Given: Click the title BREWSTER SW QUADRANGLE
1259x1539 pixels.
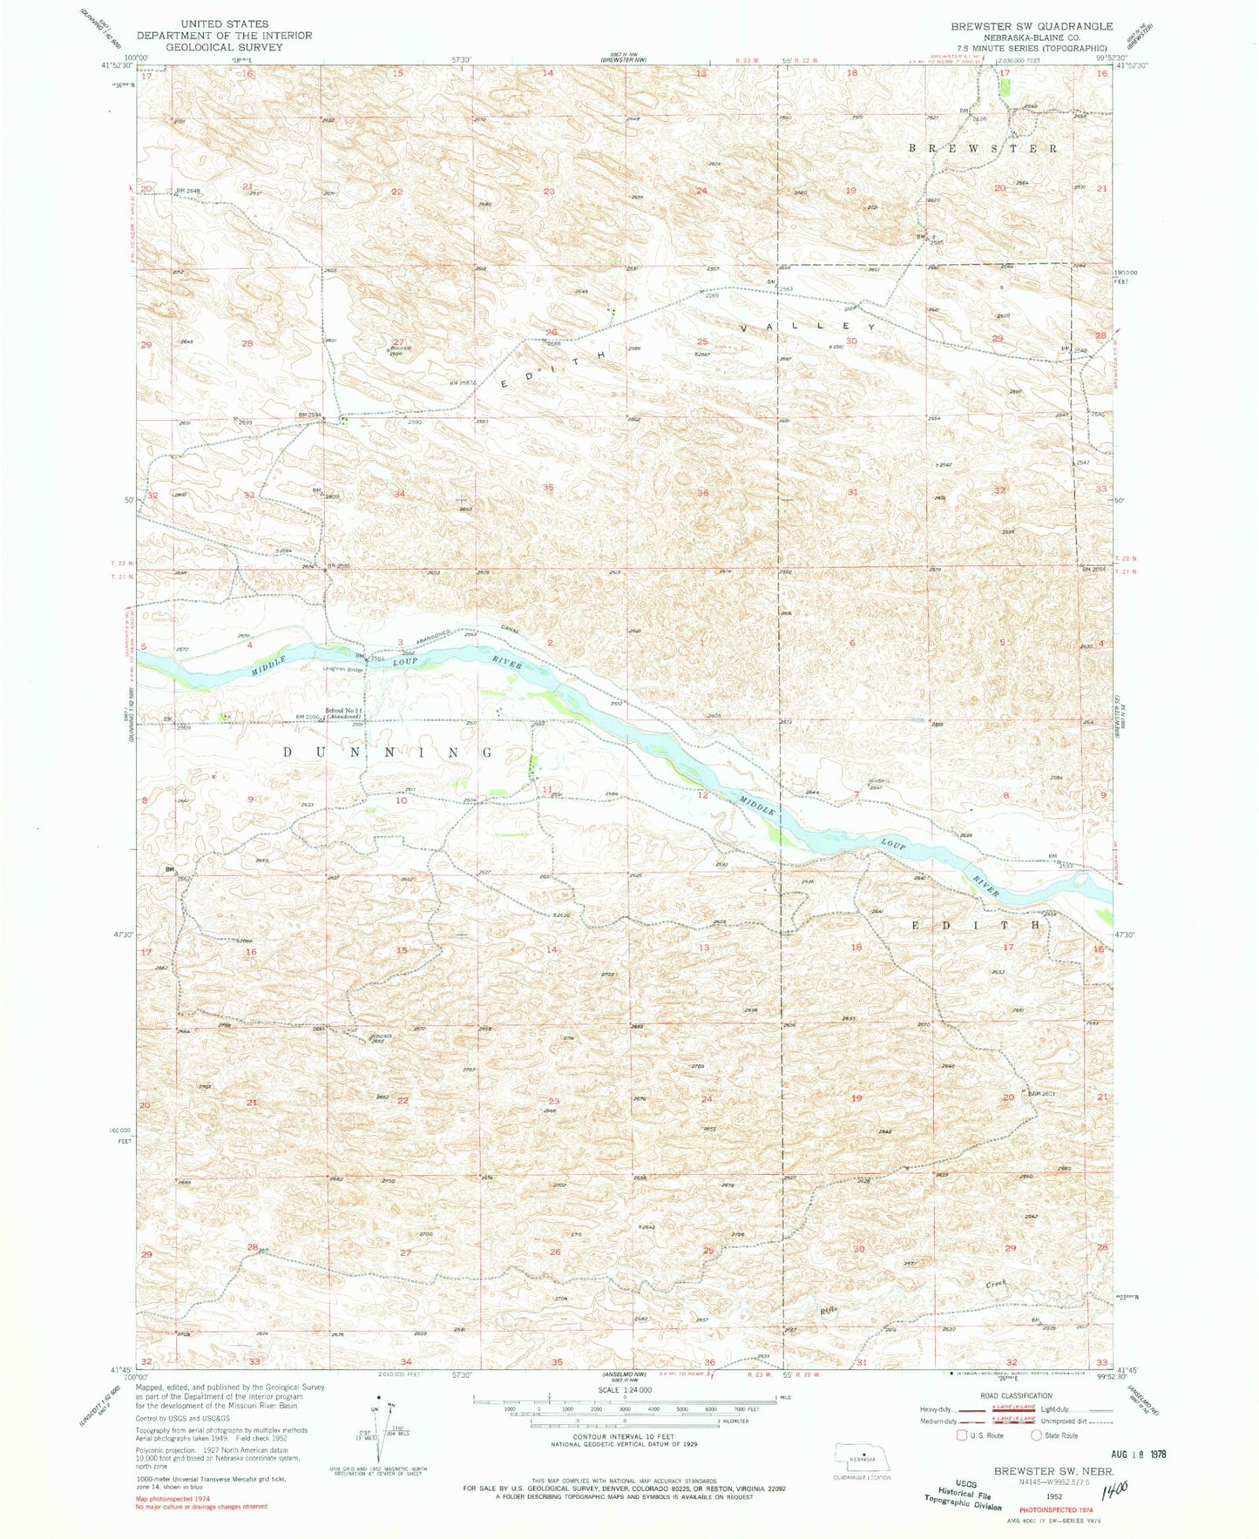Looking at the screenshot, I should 1032,26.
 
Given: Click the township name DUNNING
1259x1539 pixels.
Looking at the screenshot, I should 388,751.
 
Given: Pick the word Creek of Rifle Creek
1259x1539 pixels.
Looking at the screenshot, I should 996,1284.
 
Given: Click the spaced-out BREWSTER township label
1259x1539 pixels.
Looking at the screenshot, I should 984,148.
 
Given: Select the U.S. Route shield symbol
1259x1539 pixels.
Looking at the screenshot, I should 963,1435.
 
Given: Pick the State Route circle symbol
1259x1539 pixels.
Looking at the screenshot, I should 1037,1435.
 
